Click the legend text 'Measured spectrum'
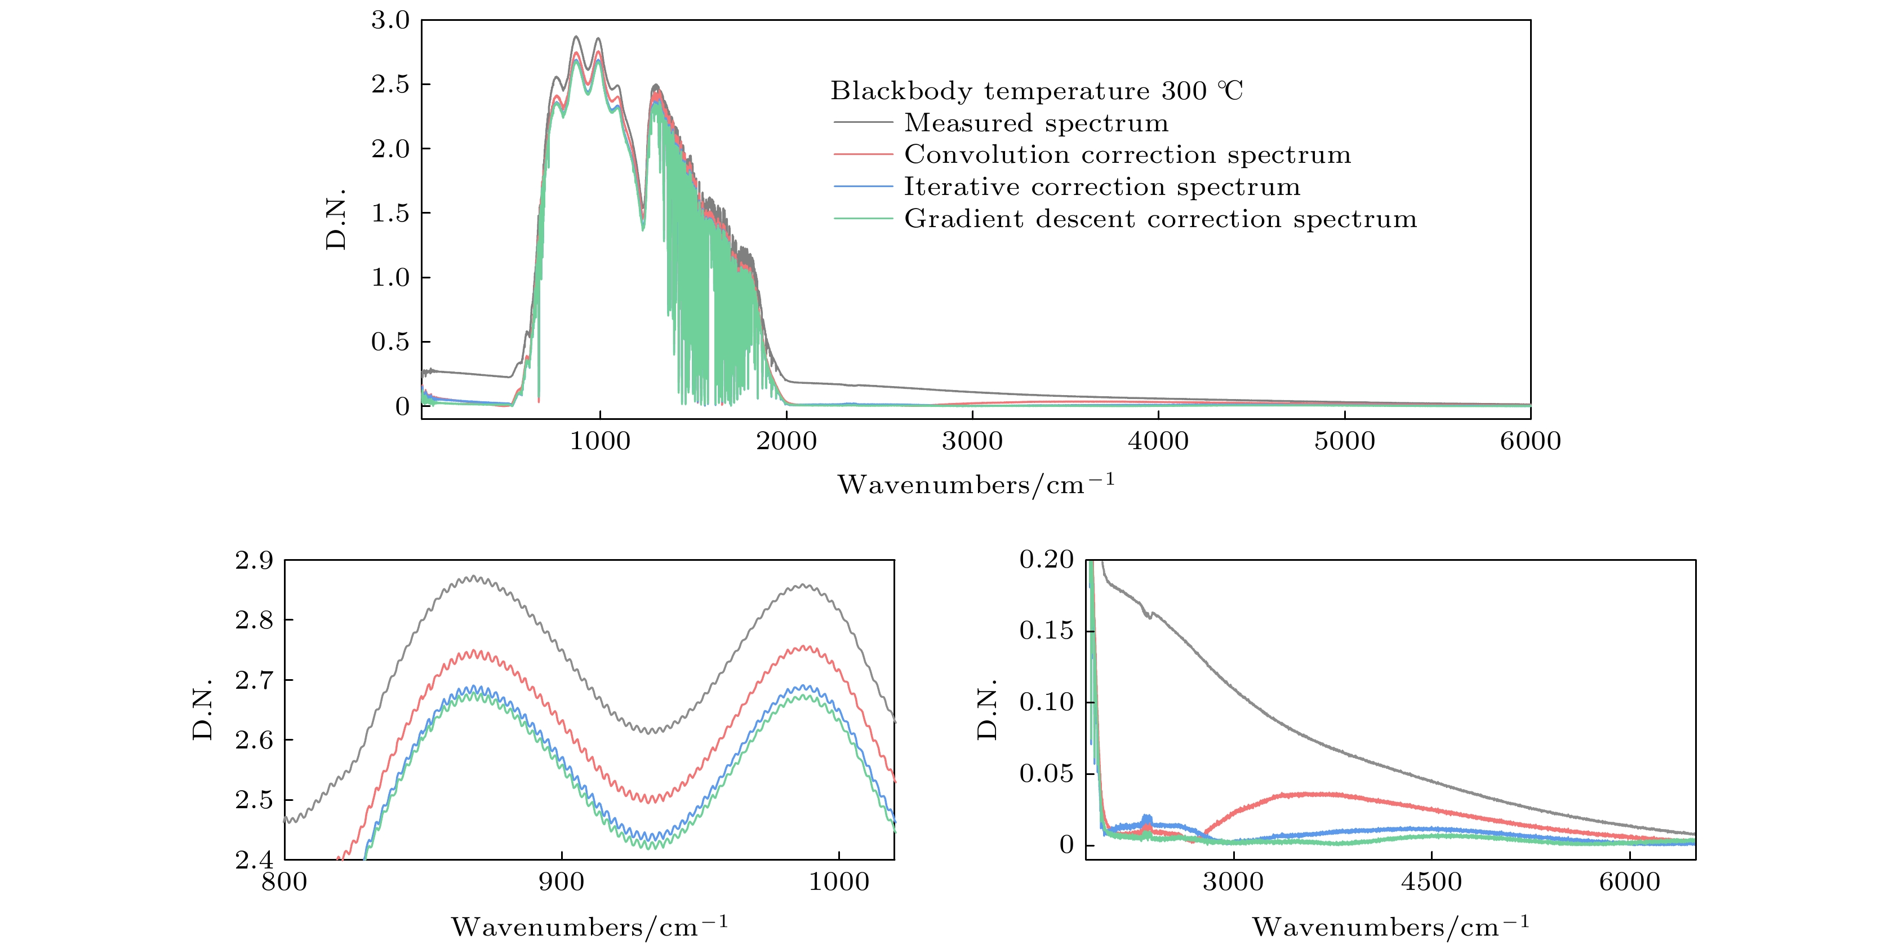[1036, 123]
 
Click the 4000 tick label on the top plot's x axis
[1158, 441]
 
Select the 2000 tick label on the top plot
[786, 441]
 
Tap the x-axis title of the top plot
[976, 484]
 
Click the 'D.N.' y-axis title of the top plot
[336, 218]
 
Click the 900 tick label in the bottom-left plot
[561, 882]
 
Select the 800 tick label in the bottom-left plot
[284, 882]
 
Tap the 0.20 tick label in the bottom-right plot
[1046, 560]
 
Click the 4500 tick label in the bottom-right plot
[1431, 882]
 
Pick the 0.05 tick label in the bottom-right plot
[1046, 774]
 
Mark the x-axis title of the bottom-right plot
[1390, 927]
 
